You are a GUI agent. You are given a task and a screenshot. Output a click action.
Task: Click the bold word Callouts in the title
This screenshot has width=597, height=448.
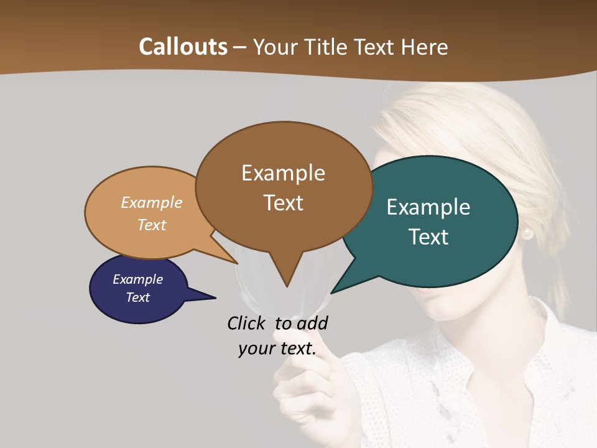coord(183,47)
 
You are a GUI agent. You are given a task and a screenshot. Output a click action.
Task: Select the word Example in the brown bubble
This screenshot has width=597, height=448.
coord(283,173)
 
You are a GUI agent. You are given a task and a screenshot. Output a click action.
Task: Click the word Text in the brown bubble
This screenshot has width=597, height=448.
coord(283,203)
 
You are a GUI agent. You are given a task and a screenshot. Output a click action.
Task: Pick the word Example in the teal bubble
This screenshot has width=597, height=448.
coord(428,207)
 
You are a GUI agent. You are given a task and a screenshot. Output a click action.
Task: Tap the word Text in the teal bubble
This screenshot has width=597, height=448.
coord(428,237)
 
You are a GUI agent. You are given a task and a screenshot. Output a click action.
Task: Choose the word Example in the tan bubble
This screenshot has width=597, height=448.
coord(152,203)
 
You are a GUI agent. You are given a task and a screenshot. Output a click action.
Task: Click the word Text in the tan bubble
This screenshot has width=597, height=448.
coord(152,225)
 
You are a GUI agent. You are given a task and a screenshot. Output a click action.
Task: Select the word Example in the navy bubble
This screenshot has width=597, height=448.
coord(138,279)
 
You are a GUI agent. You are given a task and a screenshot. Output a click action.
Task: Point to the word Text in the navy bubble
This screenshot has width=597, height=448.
coord(138,297)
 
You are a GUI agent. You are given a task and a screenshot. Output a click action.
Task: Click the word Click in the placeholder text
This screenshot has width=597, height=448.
coord(248,323)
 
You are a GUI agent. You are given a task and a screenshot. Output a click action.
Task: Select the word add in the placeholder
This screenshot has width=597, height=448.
coord(312,323)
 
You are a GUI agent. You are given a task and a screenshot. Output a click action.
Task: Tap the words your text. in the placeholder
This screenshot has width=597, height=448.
coord(277,348)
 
